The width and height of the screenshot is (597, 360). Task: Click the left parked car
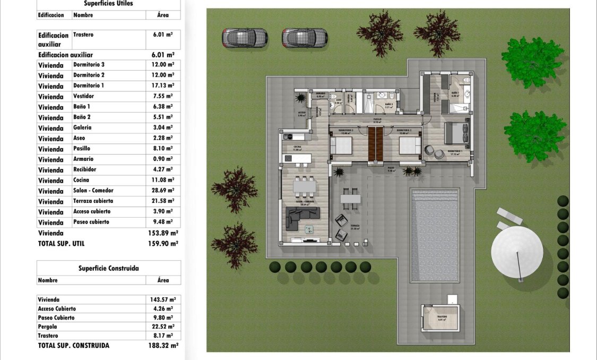(245, 37)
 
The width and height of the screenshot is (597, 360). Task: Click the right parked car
(305, 37)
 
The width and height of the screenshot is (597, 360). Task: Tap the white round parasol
(517, 251)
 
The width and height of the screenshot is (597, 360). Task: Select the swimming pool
(435, 234)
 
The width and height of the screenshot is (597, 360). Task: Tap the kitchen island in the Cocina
(298, 159)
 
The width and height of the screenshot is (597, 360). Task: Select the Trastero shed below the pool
(440, 318)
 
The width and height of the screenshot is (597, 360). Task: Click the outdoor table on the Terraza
(350, 199)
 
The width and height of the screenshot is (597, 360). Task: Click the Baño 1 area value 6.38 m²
(162, 107)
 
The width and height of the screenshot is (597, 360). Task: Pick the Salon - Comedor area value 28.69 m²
(162, 191)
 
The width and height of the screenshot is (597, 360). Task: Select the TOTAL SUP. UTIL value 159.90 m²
(162, 244)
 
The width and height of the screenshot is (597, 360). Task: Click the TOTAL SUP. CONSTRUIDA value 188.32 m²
(162, 346)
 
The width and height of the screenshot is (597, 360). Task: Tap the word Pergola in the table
(48, 327)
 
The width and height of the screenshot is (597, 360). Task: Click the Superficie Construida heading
(108, 268)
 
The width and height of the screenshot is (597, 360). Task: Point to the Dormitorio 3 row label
(89, 65)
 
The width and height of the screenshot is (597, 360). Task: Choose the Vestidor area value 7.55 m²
(162, 96)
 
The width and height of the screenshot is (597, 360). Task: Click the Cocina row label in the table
(82, 180)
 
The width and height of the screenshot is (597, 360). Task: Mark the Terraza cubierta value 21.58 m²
(162, 201)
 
